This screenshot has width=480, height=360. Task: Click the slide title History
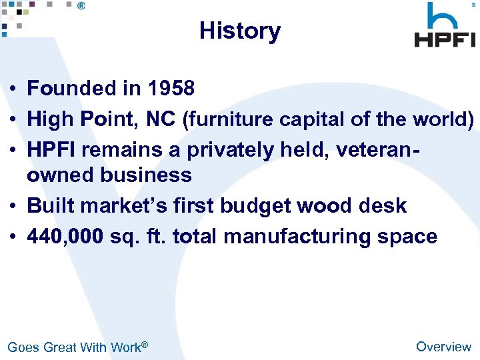point(240,31)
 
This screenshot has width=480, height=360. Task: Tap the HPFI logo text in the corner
point(445,39)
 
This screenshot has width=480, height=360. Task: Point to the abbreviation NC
point(161,119)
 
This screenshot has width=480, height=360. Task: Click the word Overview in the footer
point(443,346)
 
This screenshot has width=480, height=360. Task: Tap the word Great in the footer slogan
point(60,347)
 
